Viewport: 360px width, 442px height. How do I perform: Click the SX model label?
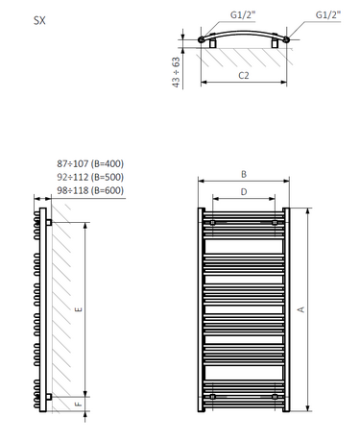point(39,21)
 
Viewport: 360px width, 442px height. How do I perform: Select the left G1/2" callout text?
point(243,14)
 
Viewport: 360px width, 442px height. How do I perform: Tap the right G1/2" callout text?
point(328,14)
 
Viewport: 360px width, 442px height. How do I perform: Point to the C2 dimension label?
point(244,75)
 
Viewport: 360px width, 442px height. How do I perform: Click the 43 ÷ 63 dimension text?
point(176,72)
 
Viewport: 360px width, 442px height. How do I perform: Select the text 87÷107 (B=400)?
point(90,163)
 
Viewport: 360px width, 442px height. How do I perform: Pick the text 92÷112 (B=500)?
point(90,177)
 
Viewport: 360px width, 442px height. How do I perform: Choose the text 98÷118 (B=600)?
point(90,190)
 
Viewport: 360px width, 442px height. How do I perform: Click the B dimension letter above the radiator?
point(244,174)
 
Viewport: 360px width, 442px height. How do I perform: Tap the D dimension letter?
point(244,192)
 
